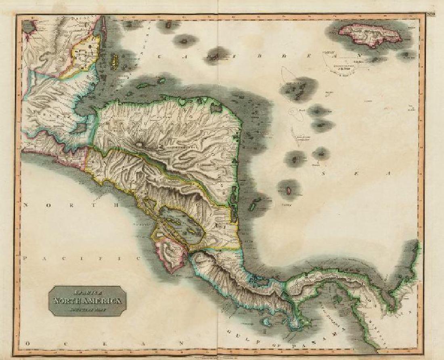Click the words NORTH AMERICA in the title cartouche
[87, 301]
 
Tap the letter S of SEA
[323, 174]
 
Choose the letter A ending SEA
[388, 174]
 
